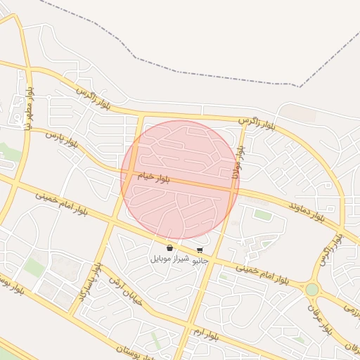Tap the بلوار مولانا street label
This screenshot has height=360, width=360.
[x=239, y=161]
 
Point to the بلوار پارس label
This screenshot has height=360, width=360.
[x=62, y=139]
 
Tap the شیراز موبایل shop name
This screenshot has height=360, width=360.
[x=169, y=259]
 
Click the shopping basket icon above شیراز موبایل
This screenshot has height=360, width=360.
[x=169, y=247]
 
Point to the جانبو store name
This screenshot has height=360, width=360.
[x=200, y=259]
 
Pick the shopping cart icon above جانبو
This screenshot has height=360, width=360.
[x=200, y=250]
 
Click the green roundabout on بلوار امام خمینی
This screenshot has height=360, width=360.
[x=311, y=289]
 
